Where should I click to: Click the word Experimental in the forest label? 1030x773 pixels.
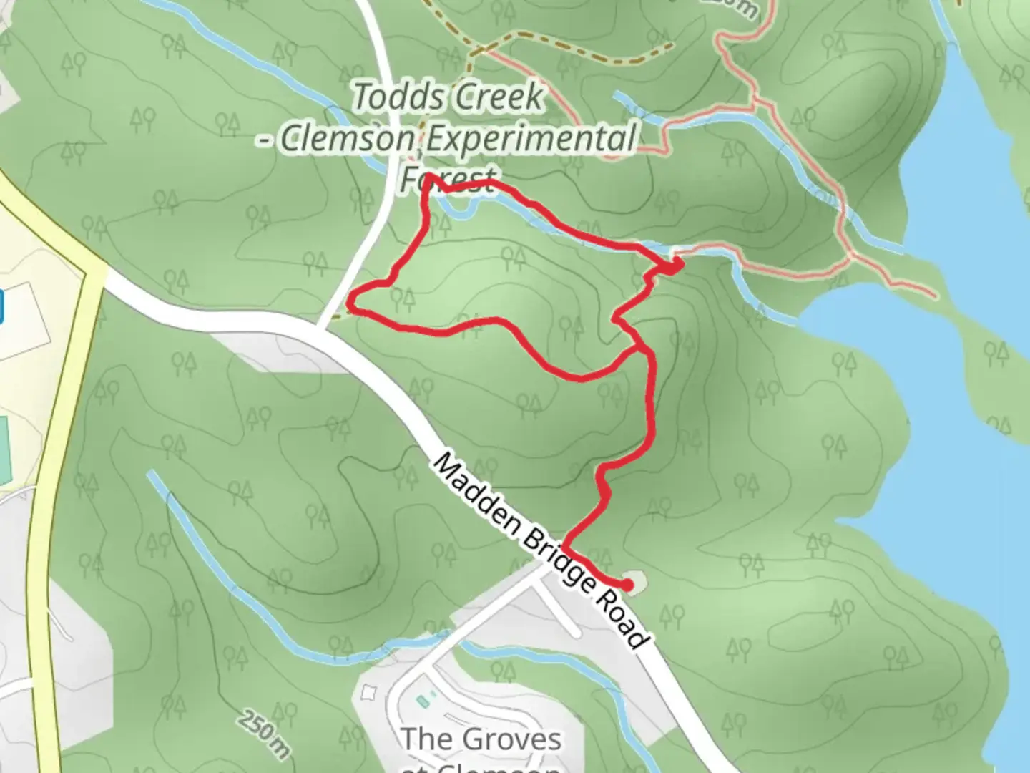tap(529, 137)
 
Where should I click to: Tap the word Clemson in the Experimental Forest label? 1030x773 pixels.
tap(347, 139)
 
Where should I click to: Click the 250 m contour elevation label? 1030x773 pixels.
tap(265, 733)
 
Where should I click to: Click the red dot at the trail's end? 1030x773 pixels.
tap(627, 585)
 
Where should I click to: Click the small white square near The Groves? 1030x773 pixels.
tap(369, 692)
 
